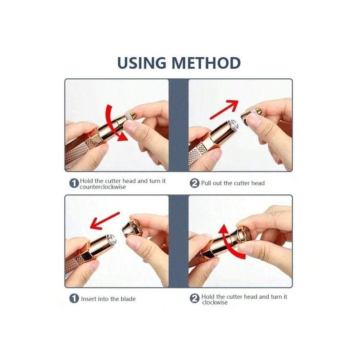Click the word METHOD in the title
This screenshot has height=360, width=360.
coord(207,63)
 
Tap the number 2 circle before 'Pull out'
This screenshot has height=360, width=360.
coord(194,183)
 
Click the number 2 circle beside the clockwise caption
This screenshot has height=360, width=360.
coord(194,299)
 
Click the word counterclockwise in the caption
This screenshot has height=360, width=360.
coord(103,187)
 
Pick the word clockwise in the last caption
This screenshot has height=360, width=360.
coord(215,302)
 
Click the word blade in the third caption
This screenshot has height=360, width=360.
coord(127,299)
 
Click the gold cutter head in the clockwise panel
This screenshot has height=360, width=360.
coord(243,234)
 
